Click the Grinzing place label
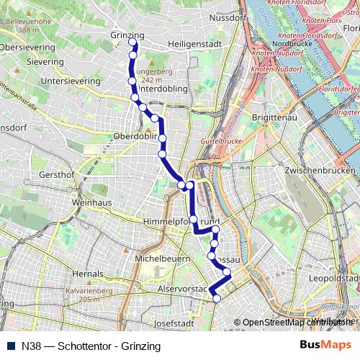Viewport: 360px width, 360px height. click(x=127, y=35)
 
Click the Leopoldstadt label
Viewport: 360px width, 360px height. click(x=332, y=277)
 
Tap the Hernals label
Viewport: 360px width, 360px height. click(x=88, y=274)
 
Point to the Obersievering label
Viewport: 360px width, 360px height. click(x=30, y=48)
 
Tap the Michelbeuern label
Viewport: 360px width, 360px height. click(x=162, y=257)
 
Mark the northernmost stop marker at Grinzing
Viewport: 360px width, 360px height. click(x=132, y=42)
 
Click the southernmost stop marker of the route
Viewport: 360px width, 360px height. click(x=217, y=309)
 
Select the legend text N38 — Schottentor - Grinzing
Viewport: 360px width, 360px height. click(x=91, y=345)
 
